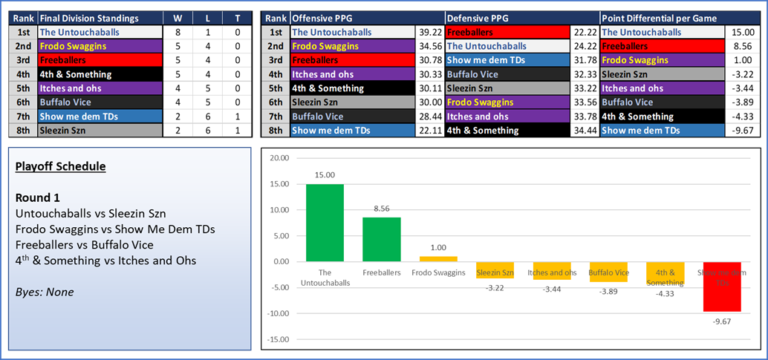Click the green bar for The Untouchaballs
pos(325,223)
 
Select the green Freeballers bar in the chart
pos(381,239)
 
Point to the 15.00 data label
pos(325,176)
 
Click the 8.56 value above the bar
pos(381,209)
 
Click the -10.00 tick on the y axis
pos(279,314)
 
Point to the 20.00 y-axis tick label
pos(280,158)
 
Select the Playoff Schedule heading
pos(60,167)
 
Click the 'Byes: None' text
pos(44,292)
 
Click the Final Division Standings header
pos(89,18)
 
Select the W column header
pos(178,18)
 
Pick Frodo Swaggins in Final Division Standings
pos(73,46)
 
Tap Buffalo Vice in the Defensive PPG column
pos(473,74)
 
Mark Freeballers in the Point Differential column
pos(628,46)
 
